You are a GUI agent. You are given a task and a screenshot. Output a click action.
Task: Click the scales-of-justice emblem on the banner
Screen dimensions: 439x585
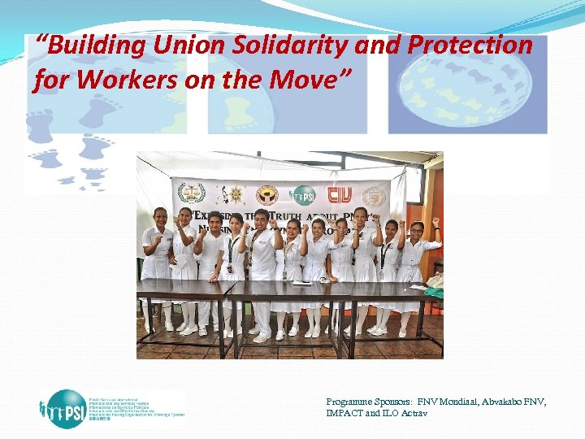192,193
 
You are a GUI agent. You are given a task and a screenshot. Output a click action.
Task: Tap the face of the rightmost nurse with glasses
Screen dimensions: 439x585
417,230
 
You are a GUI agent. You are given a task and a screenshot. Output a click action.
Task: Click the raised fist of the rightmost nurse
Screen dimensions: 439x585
435,221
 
